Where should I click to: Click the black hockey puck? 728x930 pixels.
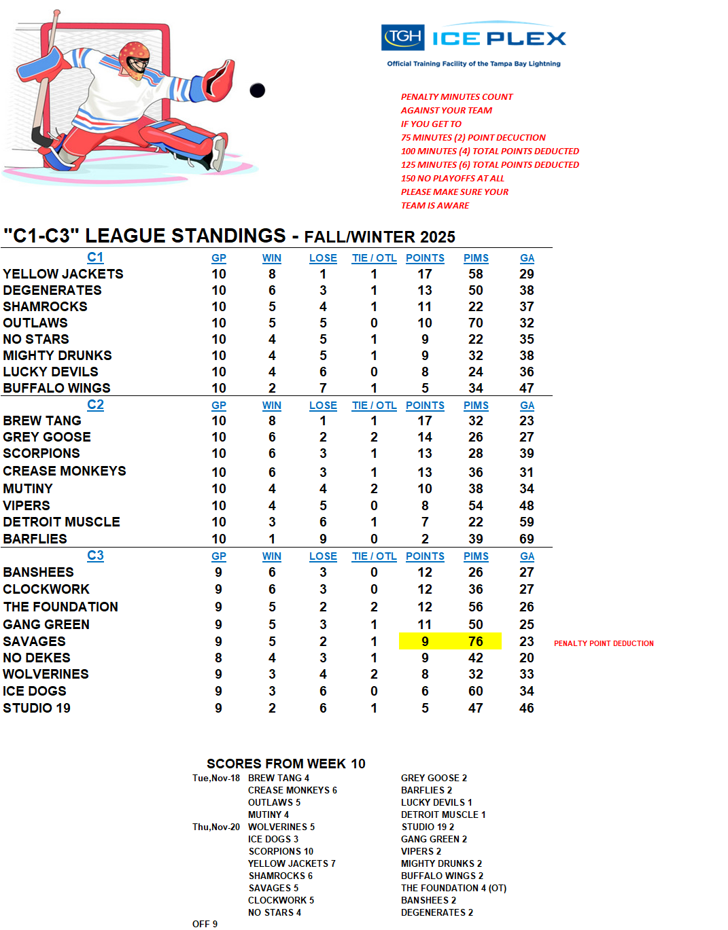[257, 90]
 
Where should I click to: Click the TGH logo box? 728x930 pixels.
[403, 37]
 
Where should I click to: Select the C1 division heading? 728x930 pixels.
[95, 257]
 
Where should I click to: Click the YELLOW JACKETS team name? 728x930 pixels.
[63, 274]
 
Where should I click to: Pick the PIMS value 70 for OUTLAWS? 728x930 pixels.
[476, 323]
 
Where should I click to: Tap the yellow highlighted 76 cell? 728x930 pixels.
[476, 641]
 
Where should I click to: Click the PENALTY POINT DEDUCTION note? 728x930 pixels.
[604, 643]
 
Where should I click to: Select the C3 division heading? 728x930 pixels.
[95, 556]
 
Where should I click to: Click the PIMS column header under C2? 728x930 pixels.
[476, 406]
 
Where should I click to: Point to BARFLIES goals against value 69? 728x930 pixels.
[527, 539]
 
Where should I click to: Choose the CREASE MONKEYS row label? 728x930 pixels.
[65, 471]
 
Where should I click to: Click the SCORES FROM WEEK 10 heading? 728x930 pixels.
[285, 764]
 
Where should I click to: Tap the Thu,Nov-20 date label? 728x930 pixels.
[215, 827]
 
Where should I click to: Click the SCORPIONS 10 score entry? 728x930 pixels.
[281, 851]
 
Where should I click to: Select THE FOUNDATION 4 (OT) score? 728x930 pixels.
[453, 888]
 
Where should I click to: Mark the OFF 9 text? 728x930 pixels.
[205, 924]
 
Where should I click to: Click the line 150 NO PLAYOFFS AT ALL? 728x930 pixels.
[453, 178]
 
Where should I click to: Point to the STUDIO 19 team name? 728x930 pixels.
[37, 708]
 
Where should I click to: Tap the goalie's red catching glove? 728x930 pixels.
[219, 79]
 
